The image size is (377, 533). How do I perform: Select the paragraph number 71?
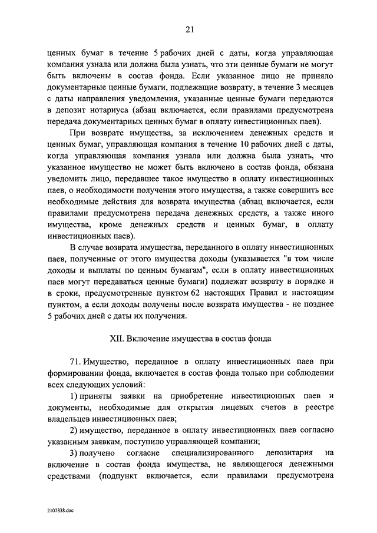76,360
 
